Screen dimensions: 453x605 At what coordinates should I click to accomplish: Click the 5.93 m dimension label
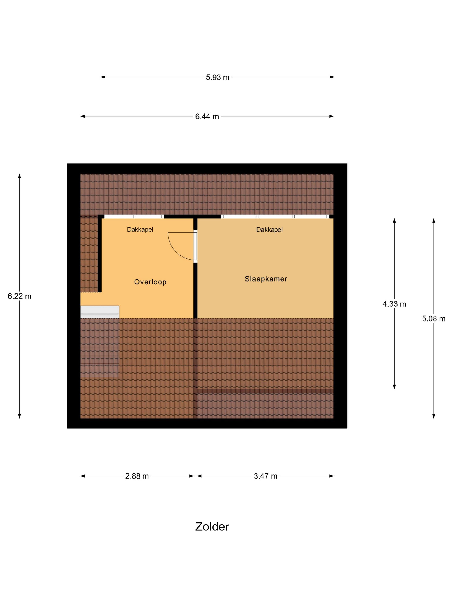click(217, 77)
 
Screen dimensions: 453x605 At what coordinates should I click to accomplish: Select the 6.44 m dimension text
click(207, 116)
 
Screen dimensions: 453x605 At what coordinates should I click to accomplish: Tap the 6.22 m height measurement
click(19, 296)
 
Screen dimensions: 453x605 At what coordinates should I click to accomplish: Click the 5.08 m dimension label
click(434, 319)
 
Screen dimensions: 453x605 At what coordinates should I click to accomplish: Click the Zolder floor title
click(212, 527)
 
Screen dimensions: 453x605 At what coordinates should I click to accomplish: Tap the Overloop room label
click(150, 282)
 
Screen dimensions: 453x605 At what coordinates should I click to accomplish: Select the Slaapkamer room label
click(266, 279)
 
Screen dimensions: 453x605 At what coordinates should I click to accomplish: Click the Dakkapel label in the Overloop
click(140, 229)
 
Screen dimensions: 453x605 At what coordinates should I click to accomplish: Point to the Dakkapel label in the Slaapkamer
click(269, 229)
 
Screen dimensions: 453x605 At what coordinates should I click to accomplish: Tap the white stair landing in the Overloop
click(100, 312)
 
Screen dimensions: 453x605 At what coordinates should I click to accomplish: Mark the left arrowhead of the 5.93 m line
click(103, 77)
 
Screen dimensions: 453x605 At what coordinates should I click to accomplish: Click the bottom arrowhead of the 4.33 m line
click(394, 387)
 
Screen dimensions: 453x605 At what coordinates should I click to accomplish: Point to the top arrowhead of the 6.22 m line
click(19, 176)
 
